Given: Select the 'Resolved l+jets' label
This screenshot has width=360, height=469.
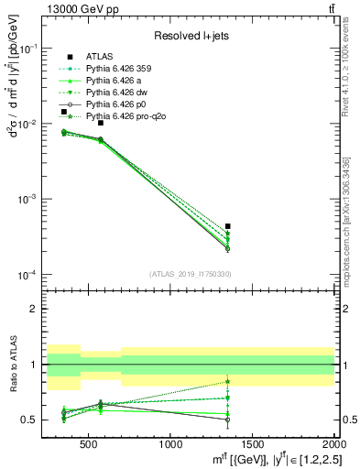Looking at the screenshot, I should click(191, 36).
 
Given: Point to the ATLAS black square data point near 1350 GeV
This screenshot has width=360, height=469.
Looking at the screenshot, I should click(227, 225).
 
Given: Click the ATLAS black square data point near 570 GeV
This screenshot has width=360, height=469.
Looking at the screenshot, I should click(101, 123).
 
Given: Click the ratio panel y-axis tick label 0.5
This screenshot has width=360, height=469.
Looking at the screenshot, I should click(31, 420).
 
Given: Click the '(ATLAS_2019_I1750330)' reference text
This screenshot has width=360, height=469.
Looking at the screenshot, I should click(191, 273).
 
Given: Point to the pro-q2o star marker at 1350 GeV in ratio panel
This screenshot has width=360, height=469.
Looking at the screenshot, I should click(227, 381).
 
